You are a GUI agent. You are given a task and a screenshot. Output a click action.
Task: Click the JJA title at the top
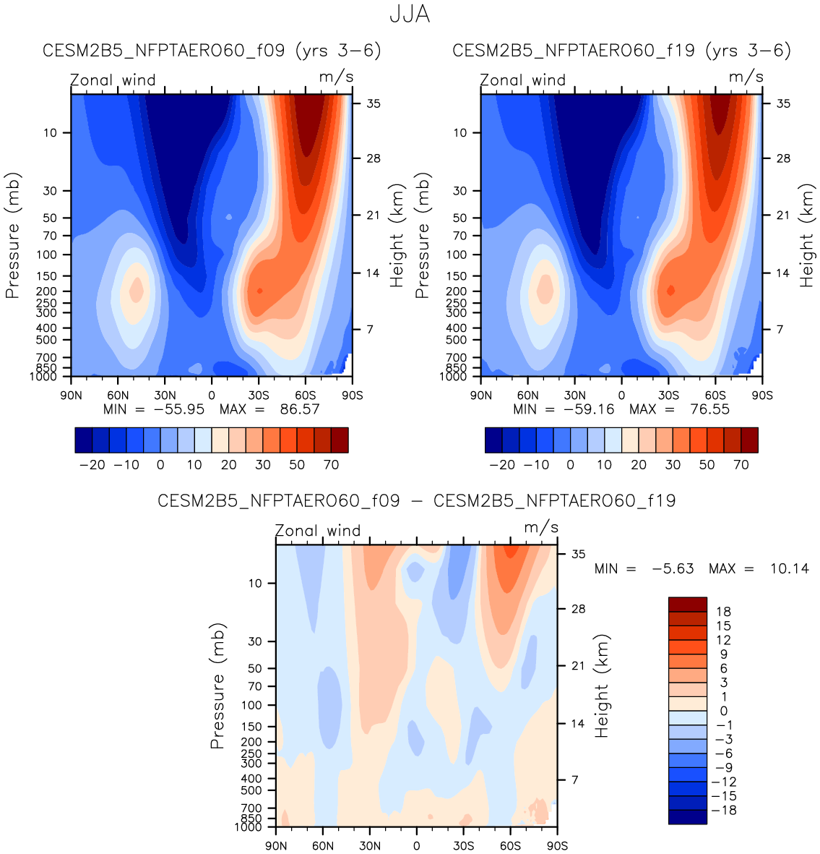pos(410,14)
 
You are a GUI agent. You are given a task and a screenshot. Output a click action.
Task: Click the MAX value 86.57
pos(299,409)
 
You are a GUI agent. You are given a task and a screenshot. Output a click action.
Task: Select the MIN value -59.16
pos(581,409)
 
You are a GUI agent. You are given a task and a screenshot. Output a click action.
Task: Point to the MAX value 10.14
pos(789,569)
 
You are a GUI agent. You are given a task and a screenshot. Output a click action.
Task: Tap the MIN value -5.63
pos(673,569)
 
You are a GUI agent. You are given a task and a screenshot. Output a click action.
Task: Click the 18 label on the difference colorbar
pos(723,612)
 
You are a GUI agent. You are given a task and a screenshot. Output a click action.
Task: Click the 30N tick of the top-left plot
pos(165,396)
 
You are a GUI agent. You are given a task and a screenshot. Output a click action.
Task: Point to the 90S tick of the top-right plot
pos(762,396)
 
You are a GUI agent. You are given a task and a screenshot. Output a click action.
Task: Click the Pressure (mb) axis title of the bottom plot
pos(217,686)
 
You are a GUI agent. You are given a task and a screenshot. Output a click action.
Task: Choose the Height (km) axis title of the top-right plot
pos(806,235)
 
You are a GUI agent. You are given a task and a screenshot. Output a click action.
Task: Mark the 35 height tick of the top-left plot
pos(374,103)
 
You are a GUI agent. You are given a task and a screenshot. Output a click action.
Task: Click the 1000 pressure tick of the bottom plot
pos(249,827)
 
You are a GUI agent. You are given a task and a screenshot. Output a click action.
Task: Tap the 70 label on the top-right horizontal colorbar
pos(741,465)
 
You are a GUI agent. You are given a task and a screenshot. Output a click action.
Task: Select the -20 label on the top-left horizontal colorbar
pos(92,465)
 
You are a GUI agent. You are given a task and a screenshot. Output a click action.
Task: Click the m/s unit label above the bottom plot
pos(541,527)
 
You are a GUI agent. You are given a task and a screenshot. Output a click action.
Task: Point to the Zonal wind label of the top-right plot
pos(523,80)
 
